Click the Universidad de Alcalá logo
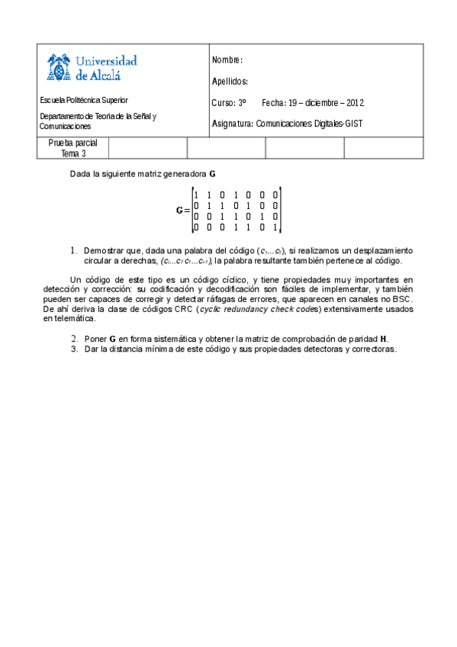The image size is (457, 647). click(x=92, y=67)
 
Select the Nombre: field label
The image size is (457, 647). click(x=227, y=60)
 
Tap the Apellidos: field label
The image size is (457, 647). click(x=230, y=82)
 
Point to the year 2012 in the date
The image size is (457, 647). click(x=356, y=103)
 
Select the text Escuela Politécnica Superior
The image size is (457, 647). click(x=84, y=100)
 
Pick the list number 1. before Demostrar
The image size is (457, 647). click(x=74, y=250)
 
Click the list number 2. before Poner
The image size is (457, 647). click(x=74, y=338)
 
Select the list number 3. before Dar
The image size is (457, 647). click(x=74, y=349)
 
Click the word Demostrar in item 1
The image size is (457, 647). click(x=105, y=250)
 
